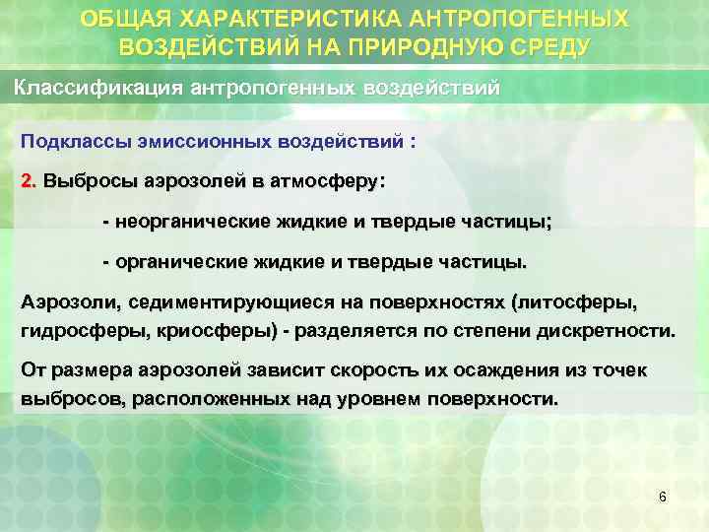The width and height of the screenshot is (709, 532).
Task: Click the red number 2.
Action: [x=28, y=182]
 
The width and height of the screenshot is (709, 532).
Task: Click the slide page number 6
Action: [x=662, y=498]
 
